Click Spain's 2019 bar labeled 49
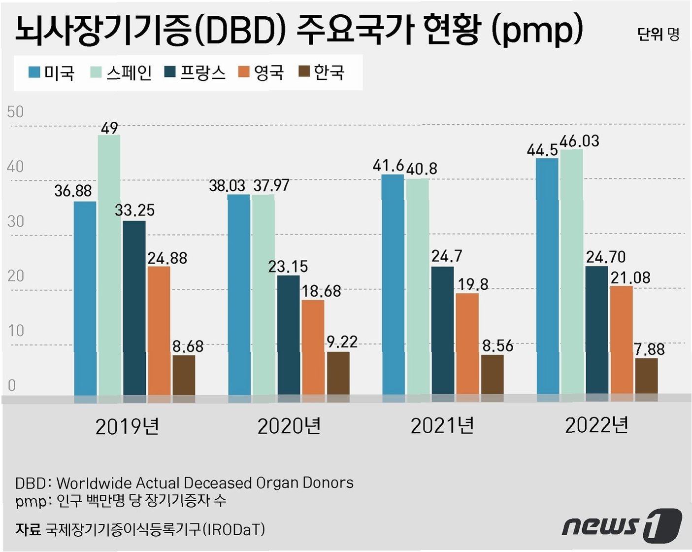[x=109, y=265]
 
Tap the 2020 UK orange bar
[x=313, y=347]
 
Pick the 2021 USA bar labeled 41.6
[x=393, y=284]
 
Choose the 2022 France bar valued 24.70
[x=596, y=330]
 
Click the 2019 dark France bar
[x=134, y=308]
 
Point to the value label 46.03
[x=579, y=141]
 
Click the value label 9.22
[x=342, y=342]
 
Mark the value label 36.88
[x=73, y=191]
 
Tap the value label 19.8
[x=473, y=284]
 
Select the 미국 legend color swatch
[x=34, y=72]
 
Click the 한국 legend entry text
[x=329, y=72]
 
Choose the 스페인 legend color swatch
[x=96, y=72]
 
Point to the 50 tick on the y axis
[x=15, y=112]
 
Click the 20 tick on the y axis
[x=15, y=276]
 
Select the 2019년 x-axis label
[x=127, y=427]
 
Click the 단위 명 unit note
[x=658, y=34]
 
